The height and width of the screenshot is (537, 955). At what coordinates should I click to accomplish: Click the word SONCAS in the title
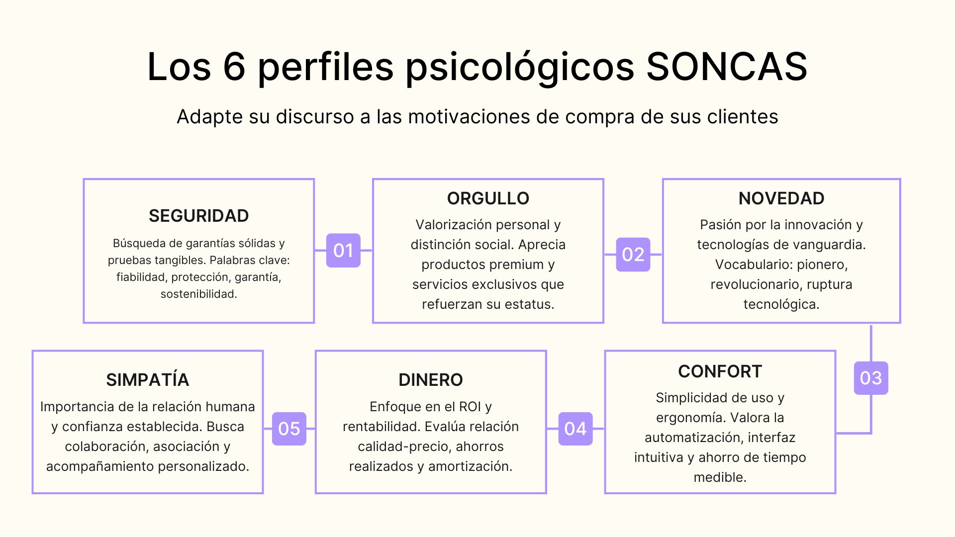coord(727,67)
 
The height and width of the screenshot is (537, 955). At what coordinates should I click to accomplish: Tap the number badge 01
coord(343,250)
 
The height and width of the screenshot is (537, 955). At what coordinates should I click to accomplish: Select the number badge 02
coord(633,254)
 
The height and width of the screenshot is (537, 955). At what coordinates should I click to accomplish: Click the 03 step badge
coord(870,378)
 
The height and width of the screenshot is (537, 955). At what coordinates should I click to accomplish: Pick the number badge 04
coord(575,428)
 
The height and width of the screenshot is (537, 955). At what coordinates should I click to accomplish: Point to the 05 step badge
coord(289,428)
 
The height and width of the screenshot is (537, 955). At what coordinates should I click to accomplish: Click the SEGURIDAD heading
coord(198,216)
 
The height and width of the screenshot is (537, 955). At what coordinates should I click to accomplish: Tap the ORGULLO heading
coord(488,198)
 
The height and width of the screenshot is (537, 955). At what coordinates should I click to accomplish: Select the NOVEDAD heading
coord(781,198)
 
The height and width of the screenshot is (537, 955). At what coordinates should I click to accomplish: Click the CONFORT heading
coord(720,371)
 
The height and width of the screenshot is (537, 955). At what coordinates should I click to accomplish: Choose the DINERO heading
coord(430,380)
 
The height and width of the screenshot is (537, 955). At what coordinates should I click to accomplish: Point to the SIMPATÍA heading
coord(147,380)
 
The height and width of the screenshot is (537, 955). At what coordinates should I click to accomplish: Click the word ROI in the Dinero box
coord(470,407)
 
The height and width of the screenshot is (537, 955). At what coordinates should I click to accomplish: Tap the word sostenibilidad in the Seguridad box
coord(198,294)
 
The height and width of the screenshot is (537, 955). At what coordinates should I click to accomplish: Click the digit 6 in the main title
coord(234,67)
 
